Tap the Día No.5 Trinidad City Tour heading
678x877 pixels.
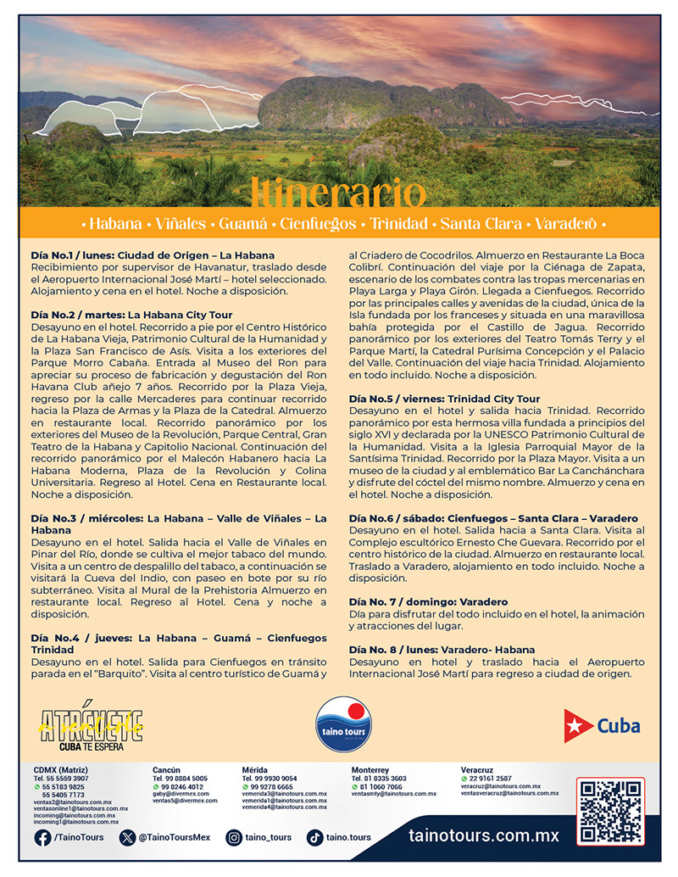(444, 399)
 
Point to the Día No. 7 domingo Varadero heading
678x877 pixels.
(428, 601)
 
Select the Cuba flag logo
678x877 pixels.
(603, 725)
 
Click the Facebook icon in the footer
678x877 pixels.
(42, 838)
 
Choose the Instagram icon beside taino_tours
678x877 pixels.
(234, 838)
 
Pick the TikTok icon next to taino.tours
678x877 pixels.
(314, 838)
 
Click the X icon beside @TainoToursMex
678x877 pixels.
(128, 838)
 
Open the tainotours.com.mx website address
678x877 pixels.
(484, 835)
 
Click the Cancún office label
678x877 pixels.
(166, 770)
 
